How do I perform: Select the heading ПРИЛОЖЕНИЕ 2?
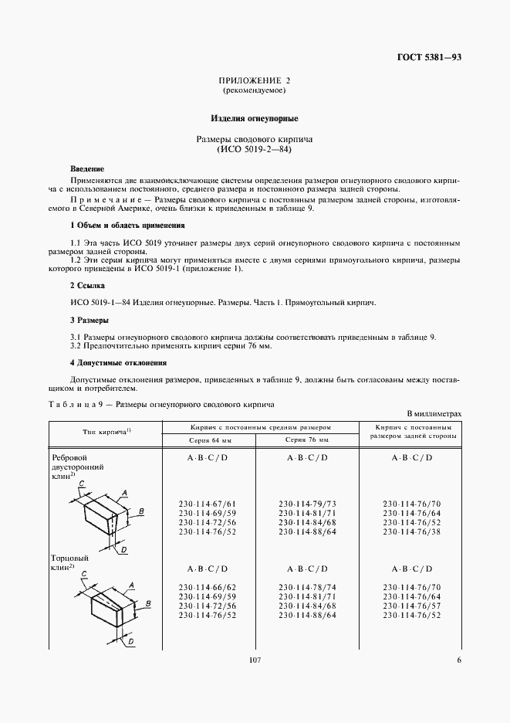pyautogui.click(x=255, y=80)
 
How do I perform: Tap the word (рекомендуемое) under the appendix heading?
pyautogui.click(x=255, y=90)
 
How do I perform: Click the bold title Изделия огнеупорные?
pyautogui.click(x=255, y=119)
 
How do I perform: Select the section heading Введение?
pyautogui.click(x=86, y=168)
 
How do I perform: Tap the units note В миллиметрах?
pyautogui.click(x=434, y=415)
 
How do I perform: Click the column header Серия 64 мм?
pyautogui.click(x=210, y=440)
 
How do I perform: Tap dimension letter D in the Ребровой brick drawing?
pyautogui.click(x=123, y=549)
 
